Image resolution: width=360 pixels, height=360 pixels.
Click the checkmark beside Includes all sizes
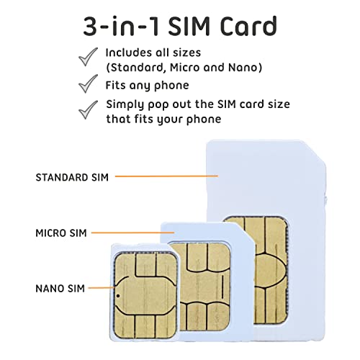coord(88,55)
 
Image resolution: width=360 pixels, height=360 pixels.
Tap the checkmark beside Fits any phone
coord(88,85)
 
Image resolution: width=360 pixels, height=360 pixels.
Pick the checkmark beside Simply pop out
coord(88,109)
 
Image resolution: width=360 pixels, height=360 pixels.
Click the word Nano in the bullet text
coord(241,68)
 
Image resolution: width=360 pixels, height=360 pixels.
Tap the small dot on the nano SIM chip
coord(117,295)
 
